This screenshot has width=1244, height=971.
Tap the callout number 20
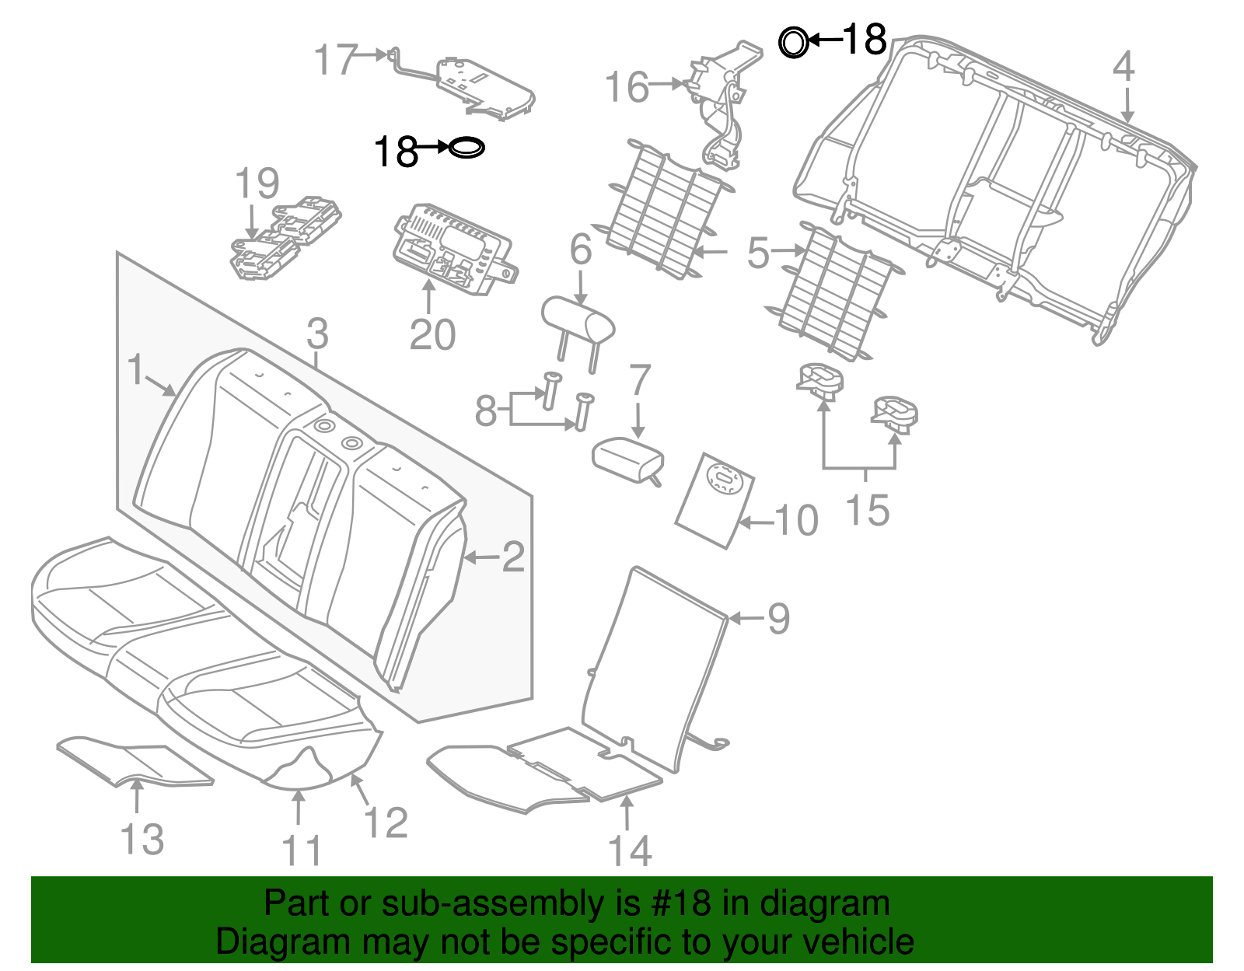point(432,335)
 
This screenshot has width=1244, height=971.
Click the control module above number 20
point(451,249)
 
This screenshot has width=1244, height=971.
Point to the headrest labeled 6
point(577,320)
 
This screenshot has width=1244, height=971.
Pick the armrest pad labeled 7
point(627,459)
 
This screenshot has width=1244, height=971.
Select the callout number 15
point(867,511)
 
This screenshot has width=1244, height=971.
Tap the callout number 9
point(778,619)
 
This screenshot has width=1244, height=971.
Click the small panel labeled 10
point(714,500)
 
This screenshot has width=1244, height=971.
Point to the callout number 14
point(629,850)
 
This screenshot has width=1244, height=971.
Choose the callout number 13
point(142,840)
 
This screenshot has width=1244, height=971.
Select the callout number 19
point(257,184)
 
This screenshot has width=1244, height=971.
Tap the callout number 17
point(336,60)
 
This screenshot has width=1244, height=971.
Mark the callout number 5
point(757,253)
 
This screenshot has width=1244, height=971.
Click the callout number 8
point(485,411)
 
